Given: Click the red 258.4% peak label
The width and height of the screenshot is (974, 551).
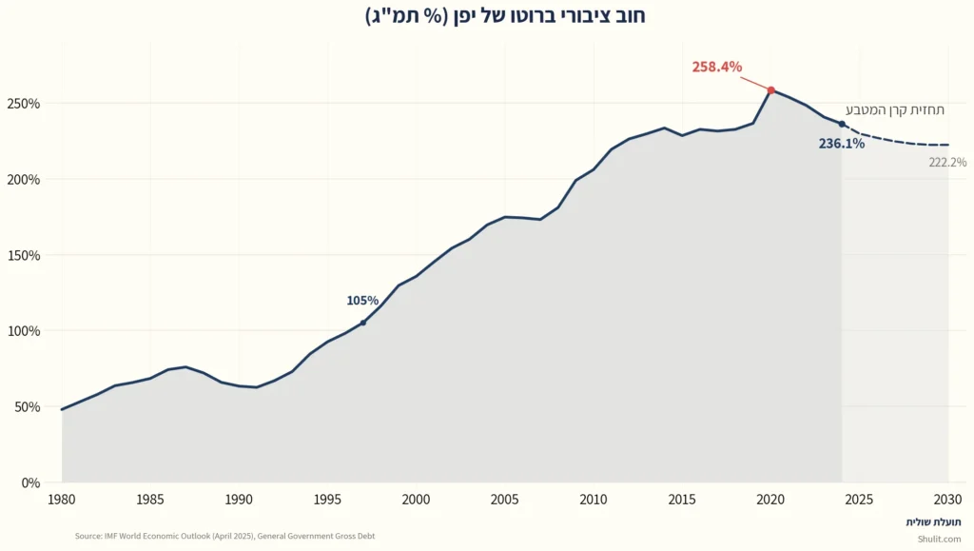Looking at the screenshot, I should tap(717, 67).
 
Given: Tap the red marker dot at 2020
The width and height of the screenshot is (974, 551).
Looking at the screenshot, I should tap(771, 90).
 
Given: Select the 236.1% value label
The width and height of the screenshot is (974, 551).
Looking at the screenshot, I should tap(841, 144).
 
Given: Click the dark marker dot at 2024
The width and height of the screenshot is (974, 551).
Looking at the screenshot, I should tap(842, 124).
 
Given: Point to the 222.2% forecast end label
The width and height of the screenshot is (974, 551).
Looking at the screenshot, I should tap(947, 163).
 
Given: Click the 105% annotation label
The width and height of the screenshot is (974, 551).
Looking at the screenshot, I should tap(362, 301).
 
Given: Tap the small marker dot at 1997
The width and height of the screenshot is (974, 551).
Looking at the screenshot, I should tap(362, 323).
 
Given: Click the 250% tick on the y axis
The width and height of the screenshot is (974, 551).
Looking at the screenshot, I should tap(24, 104).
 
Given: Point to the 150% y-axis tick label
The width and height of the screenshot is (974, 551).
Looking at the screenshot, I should tap(24, 255).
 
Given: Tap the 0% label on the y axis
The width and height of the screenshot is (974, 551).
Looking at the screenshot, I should tap(29, 482).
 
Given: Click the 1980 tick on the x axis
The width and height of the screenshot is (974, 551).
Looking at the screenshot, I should tap(62, 499).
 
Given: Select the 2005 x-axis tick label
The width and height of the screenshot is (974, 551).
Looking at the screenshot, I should tap(504, 499).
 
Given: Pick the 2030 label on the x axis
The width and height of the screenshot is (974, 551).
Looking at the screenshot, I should tap(947, 499).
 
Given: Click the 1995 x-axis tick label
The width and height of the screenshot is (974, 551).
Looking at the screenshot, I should tap(327, 499).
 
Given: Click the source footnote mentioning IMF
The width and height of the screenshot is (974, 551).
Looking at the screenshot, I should tap(224, 536).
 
